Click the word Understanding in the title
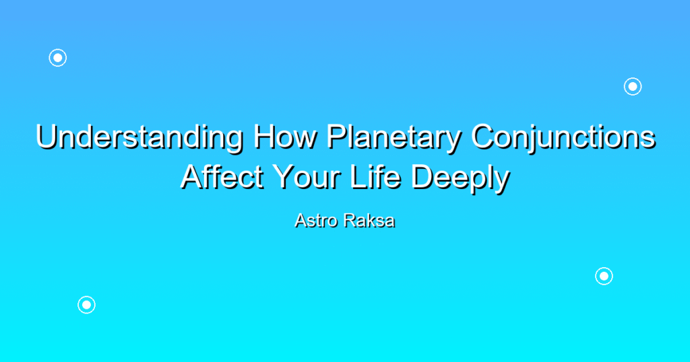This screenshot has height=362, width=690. coord(139,138)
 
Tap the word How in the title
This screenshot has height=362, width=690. coord(285,137)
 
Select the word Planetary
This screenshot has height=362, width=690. coord(394,138)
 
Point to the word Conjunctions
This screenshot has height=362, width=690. coord(563,138)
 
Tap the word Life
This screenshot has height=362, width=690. coord(376,177)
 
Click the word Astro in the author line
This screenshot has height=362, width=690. coord(317,221)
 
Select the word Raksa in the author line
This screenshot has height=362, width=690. coord(369,221)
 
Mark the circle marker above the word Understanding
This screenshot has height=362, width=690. coord(58,58)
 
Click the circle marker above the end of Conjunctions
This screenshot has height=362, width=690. coord(633,87)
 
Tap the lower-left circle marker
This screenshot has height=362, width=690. coord(87,305)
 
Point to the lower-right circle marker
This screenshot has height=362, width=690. coord(604,277)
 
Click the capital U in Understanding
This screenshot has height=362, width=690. coord(47,137)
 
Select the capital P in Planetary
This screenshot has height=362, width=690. coord(338,137)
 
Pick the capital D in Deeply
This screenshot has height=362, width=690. coord(422,177)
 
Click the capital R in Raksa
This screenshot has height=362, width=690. coord(350,221)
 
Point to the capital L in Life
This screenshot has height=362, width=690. coord(358,177)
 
